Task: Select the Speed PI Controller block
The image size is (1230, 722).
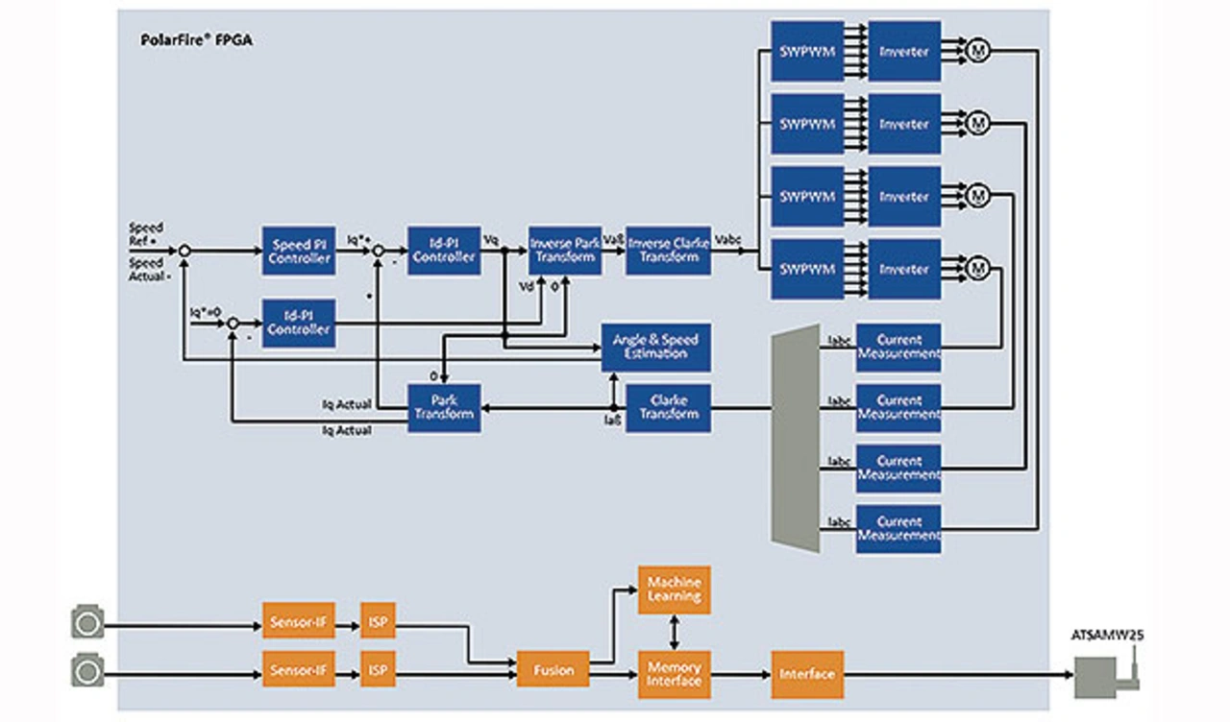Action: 299,252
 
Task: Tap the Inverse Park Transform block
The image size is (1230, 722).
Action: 565,252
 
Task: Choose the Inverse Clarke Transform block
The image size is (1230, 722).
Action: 668,252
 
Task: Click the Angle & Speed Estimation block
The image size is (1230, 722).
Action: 655,347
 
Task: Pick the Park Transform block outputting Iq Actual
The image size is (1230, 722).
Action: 444,407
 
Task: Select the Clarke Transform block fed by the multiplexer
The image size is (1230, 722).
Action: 668,407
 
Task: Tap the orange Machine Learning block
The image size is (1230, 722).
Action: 674,590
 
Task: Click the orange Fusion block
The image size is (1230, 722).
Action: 553,668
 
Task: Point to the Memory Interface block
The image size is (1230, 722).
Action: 674,674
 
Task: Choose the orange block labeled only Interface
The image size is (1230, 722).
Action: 806,674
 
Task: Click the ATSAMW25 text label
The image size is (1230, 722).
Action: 1107,635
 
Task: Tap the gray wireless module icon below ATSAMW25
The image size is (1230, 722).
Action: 1100,675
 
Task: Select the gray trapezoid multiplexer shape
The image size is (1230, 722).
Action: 796,437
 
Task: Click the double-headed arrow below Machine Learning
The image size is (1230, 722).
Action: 674,632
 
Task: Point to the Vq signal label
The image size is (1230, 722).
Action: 491,239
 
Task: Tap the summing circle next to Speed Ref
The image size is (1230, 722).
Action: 184,251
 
